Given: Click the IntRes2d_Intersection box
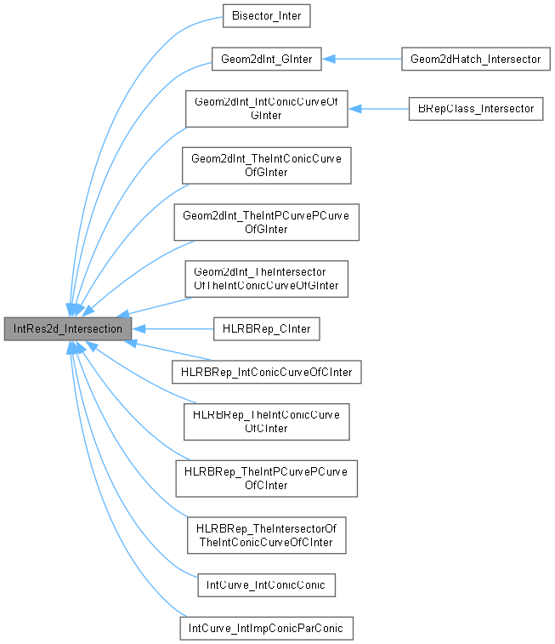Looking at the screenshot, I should tap(68, 328).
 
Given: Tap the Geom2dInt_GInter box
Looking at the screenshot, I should tap(266, 59).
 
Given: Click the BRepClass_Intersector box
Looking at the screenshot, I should tap(474, 109).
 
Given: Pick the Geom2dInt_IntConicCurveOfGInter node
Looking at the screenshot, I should tap(266, 109).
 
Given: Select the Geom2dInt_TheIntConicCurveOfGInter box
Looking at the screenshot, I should tap(266, 165).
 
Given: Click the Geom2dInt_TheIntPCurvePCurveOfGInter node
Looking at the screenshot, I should tap(266, 221).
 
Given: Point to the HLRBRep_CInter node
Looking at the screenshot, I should tap(266, 328).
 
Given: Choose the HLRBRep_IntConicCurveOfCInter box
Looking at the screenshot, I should tap(266, 372).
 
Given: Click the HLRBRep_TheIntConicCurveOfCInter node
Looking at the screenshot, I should tap(266, 421).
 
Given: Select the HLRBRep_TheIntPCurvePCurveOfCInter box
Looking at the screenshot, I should tap(266, 478).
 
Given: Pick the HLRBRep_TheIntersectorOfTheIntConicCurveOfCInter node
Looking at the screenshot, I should tap(266, 534).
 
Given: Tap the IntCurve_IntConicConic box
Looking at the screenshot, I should tap(266, 584).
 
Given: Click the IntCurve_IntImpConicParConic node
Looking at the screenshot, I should tap(266, 628).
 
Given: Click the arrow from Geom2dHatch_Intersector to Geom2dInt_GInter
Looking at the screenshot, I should tap(361, 59).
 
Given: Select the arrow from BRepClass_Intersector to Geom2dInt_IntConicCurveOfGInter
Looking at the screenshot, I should tap(377, 109).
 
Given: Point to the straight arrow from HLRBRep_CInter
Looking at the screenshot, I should tap(173, 328).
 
